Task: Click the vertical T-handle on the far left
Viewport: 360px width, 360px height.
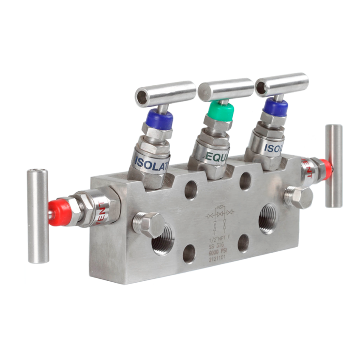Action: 38,215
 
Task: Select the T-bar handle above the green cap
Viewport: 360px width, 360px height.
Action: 225,88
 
